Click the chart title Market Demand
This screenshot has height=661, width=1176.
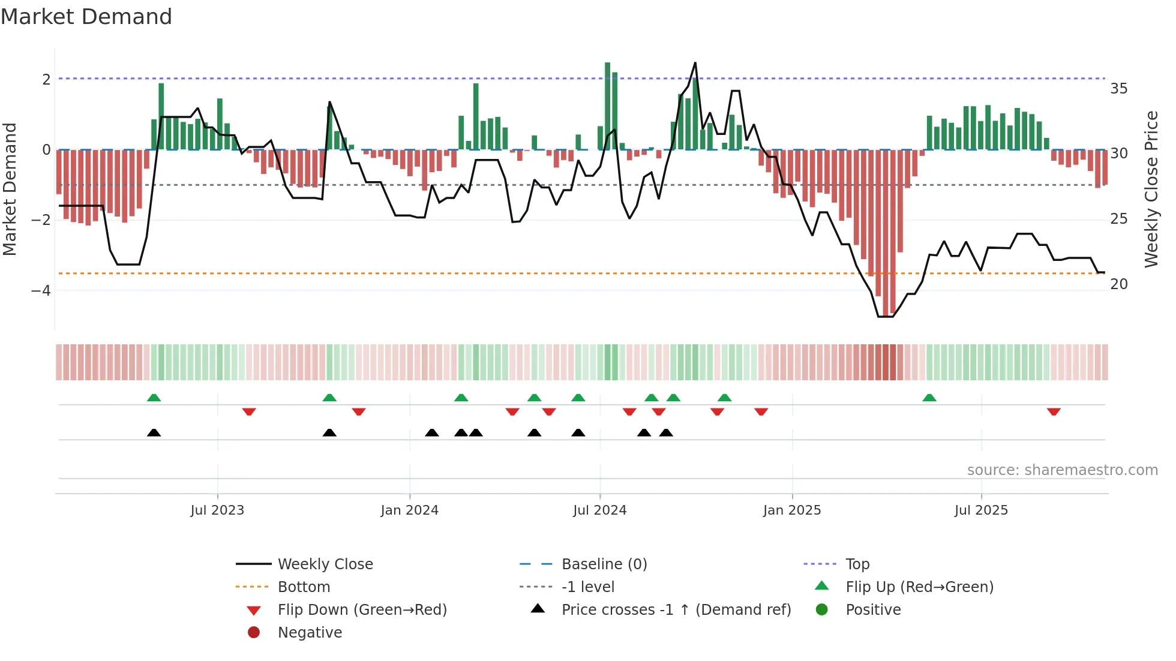(x=86, y=17)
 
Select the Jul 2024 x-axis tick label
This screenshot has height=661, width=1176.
(x=599, y=510)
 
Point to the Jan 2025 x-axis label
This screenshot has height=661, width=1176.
(x=791, y=510)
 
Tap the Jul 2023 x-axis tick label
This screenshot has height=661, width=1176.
(x=217, y=510)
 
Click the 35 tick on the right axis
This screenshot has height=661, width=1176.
(x=1118, y=89)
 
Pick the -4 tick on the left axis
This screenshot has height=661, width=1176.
(x=41, y=291)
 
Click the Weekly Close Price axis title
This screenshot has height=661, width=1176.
(x=1151, y=189)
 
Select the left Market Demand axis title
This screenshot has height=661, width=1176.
(x=10, y=189)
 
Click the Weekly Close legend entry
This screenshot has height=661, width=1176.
(x=325, y=564)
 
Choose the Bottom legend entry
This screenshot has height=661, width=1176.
(x=304, y=587)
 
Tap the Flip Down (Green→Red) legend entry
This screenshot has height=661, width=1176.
(x=362, y=610)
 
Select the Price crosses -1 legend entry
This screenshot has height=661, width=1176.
(x=676, y=610)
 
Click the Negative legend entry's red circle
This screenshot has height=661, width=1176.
(x=254, y=633)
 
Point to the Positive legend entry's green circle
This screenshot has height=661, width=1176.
(x=822, y=610)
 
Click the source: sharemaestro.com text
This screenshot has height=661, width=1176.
(x=1062, y=470)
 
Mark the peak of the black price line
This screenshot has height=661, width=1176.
(x=695, y=63)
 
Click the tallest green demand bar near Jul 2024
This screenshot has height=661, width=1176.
(x=607, y=106)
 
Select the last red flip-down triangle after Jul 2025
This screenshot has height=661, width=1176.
(x=1054, y=412)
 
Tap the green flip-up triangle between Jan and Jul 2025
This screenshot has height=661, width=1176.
(x=929, y=398)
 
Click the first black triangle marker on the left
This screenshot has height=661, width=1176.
(x=154, y=433)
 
